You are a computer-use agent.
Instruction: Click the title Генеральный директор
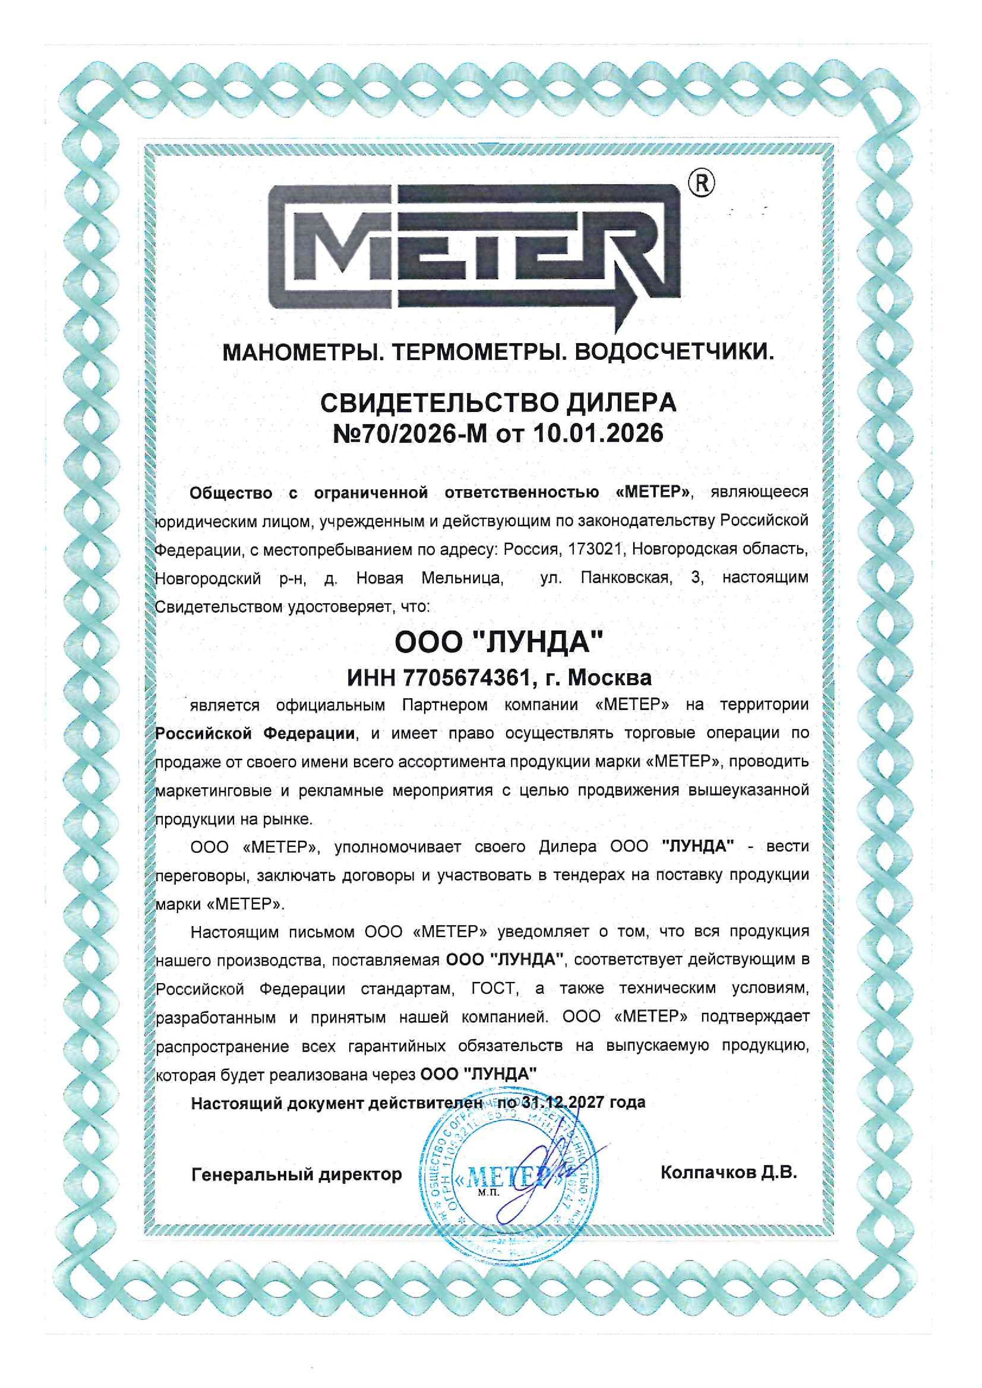(x=296, y=1174)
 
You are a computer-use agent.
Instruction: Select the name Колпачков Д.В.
(x=729, y=1173)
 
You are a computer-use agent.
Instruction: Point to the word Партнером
(x=444, y=705)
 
